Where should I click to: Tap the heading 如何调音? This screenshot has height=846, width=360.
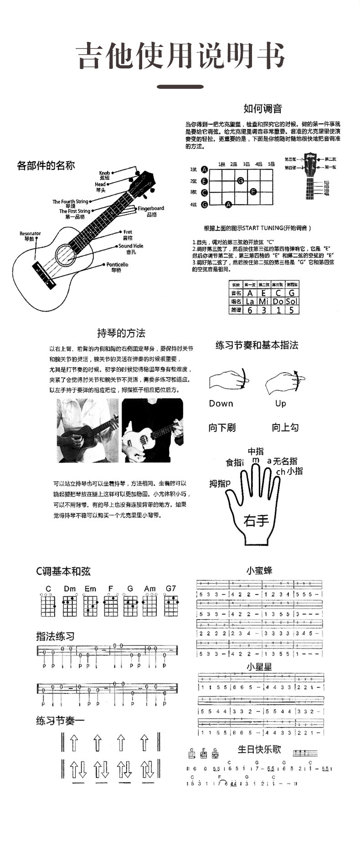262,108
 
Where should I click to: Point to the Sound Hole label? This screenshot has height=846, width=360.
131,246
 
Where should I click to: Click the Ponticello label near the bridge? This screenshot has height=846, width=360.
117,265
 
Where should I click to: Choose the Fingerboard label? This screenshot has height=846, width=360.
151,209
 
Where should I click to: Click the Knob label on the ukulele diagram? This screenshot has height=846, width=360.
104,173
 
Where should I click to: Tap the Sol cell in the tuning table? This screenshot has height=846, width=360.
292,302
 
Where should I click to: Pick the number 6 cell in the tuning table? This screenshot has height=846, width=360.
250,310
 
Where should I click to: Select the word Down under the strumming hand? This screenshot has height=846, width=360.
221,404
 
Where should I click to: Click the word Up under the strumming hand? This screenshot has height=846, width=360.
281,404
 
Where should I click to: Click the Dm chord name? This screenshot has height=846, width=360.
70,589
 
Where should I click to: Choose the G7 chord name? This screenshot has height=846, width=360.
171,589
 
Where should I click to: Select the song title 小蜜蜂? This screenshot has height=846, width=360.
259,570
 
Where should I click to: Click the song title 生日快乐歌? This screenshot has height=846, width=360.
259,749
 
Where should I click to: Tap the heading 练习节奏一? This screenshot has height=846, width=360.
61,721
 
